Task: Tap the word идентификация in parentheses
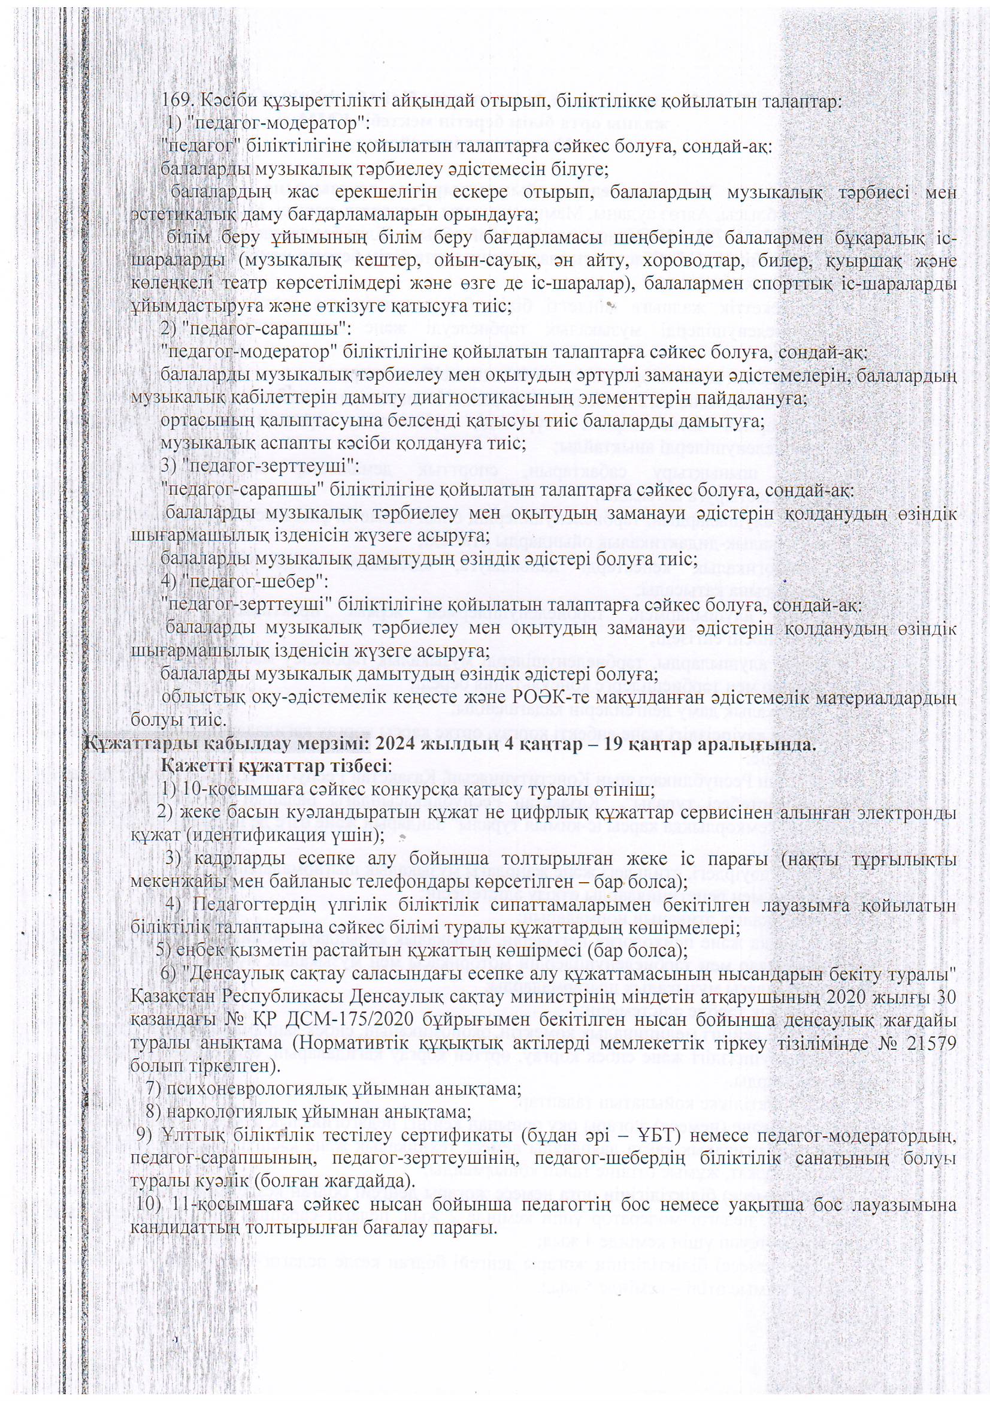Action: click(x=241, y=834)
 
